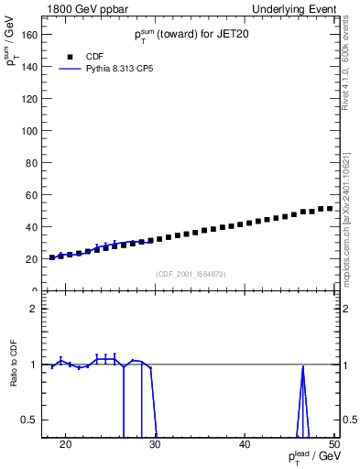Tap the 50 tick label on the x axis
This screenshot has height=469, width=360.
(334, 445)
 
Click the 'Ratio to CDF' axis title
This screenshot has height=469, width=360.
(15, 377)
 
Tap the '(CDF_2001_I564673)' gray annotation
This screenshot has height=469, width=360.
(191, 274)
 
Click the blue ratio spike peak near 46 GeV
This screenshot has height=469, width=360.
(302, 366)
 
